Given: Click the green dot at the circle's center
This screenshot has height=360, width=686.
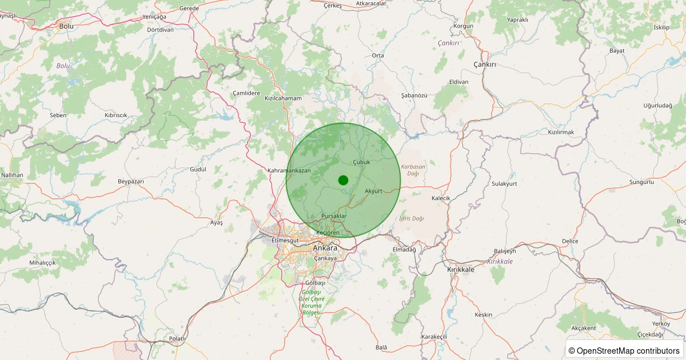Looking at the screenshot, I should click(x=343, y=180).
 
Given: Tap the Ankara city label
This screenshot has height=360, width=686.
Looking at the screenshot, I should click(x=325, y=248).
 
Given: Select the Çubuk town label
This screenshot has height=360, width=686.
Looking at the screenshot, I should click(x=362, y=162).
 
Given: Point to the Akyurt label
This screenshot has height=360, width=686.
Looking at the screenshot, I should click(x=373, y=191).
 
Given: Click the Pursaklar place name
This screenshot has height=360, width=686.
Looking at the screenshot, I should click(x=334, y=216).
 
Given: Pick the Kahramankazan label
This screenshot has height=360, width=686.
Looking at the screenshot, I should click(x=289, y=170).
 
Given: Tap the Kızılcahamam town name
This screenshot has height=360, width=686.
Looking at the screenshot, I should click(x=283, y=98).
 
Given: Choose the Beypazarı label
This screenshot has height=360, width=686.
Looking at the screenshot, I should click(x=130, y=181).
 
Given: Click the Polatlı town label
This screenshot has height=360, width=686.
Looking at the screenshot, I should click(x=177, y=339).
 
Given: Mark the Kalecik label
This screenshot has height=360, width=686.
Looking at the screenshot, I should click(x=441, y=198).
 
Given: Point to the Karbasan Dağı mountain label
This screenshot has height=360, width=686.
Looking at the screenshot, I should click(x=413, y=170).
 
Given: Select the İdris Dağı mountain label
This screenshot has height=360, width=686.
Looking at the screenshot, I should click(x=412, y=218).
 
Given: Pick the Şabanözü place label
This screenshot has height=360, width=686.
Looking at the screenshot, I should click(x=414, y=95).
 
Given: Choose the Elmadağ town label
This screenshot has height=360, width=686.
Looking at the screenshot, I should click(x=405, y=250).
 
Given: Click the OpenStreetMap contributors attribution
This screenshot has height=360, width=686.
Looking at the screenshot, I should click(x=624, y=350).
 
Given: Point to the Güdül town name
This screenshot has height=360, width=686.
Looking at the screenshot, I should click(x=198, y=170).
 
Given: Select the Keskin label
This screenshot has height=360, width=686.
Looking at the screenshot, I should click(x=484, y=315).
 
